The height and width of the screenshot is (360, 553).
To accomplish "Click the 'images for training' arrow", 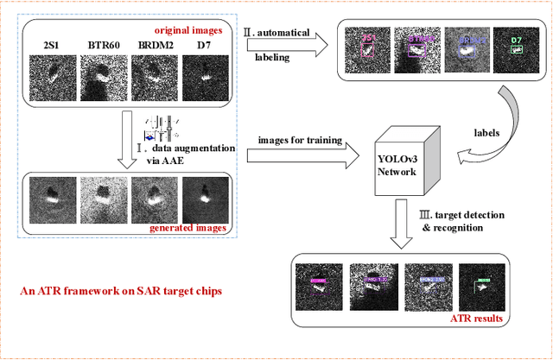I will click(x=302, y=156).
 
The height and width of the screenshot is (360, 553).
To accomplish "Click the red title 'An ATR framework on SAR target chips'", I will click(x=121, y=291).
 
